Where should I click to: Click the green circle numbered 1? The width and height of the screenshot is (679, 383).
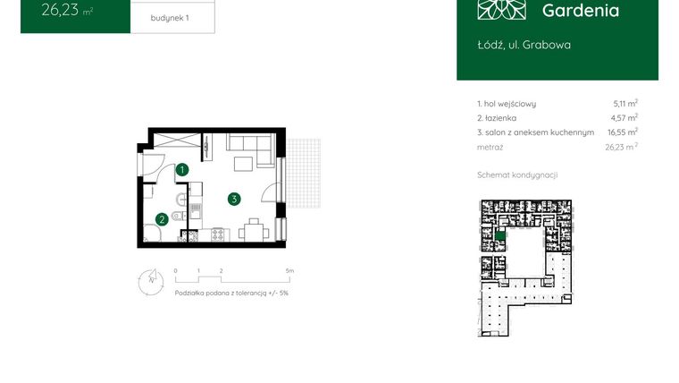181,169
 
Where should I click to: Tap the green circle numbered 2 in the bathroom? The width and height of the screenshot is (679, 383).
161,218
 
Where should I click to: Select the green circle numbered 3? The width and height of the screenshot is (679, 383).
233,199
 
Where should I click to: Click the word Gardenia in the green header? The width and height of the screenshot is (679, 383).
580,11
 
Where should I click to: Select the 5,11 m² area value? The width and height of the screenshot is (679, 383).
625,104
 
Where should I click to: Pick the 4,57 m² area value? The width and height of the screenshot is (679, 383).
625,118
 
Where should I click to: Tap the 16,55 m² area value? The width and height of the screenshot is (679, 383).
622,132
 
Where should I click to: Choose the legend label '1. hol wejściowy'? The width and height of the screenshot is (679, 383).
507,104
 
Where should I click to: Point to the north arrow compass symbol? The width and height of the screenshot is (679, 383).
148,281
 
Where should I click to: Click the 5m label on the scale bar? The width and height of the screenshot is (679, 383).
289,269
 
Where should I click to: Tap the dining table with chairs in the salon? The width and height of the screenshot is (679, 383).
254,231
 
